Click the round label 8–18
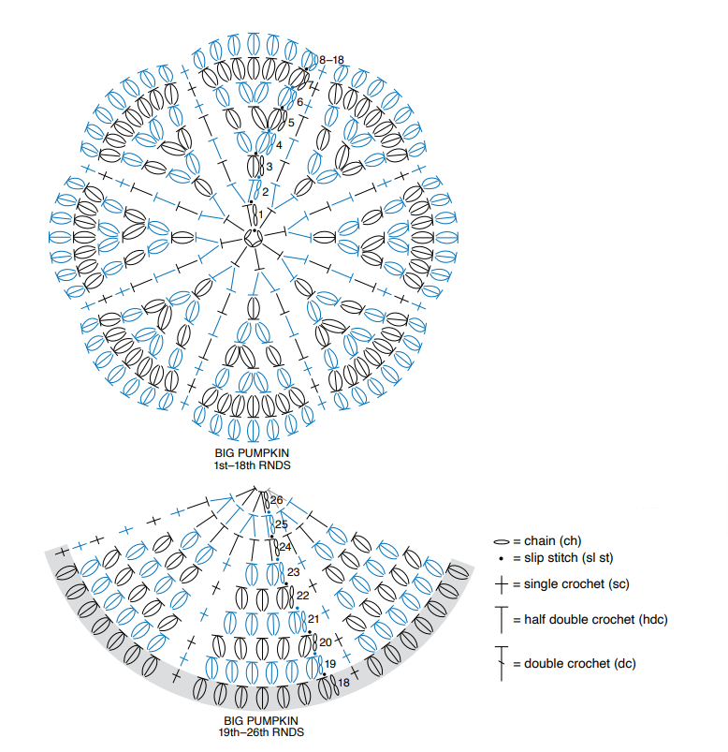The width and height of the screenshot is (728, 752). click(x=331, y=60)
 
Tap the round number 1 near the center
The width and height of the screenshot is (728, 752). click(x=261, y=214)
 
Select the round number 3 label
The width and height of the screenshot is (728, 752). click(x=269, y=167)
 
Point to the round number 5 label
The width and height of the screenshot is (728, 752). click(x=291, y=123)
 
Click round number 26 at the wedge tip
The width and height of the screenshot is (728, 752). click(x=277, y=500)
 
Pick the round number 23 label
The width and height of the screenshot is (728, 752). click(x=293, y=571)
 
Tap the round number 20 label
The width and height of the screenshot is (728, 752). click(x=326, y=642)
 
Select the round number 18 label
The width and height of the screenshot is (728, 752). click(x=343, y=682)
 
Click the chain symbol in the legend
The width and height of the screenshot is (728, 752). click(x=502, y=542)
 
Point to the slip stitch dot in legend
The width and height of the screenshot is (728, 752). click(x=502, y=558)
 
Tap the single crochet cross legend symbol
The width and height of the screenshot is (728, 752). click(x=502, y=584)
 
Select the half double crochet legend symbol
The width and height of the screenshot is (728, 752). click(x=502, y=620)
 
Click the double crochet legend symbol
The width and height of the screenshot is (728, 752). click(x=502, y=663)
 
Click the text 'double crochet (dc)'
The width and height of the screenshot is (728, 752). click(x=580, y=664)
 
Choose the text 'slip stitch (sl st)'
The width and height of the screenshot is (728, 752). click(x=568, y=558)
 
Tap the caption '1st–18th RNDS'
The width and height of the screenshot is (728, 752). click(x=252, y=465)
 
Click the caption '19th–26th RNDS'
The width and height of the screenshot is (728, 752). click(x=261, y=732)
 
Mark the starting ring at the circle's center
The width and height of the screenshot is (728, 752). click(x=253, y=238)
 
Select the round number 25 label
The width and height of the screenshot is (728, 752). click(x=282, y=524)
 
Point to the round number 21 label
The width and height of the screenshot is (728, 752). click(x=313, y=619)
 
